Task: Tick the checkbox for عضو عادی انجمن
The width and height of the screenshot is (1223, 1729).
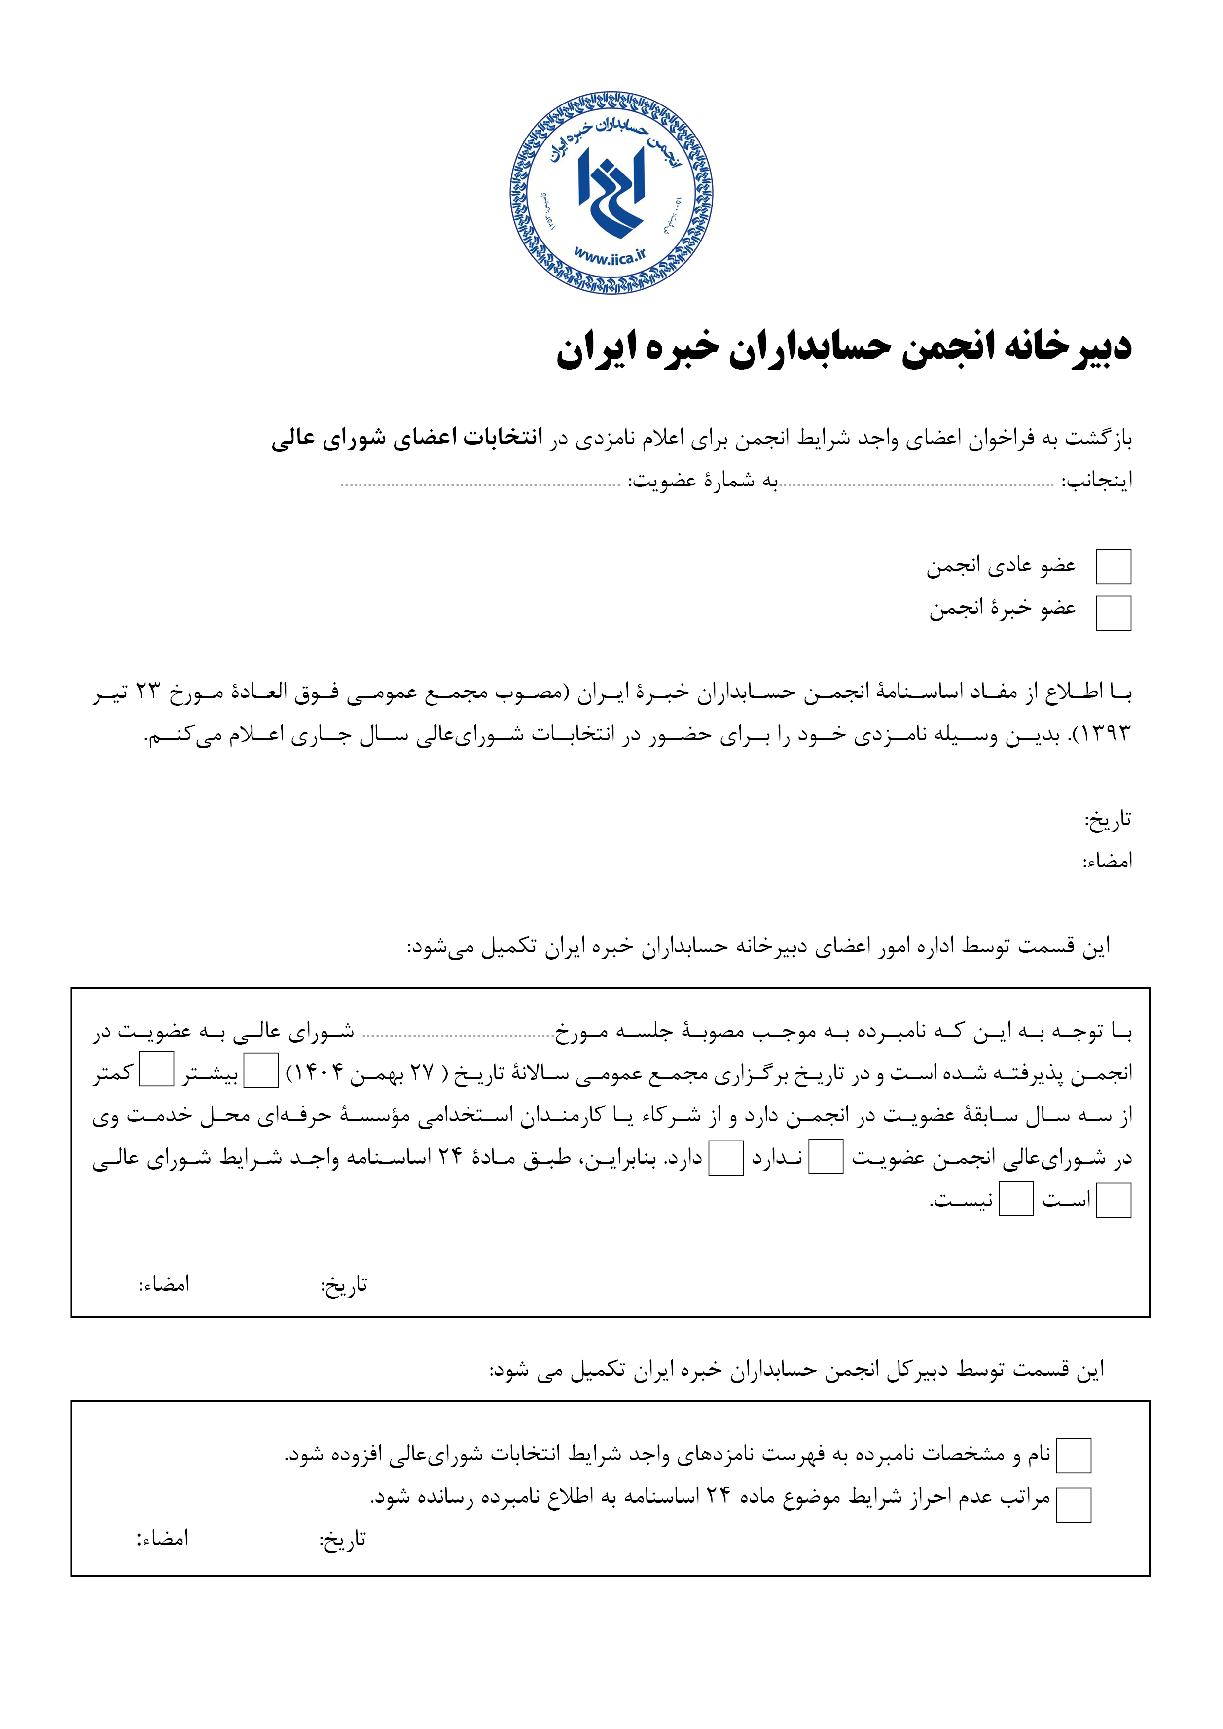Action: click(1113, 567)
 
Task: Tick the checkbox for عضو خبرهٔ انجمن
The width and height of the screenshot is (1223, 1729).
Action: click(1113, 613)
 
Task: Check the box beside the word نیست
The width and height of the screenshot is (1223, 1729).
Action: click(1016, 1200)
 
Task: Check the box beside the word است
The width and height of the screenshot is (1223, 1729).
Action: click(1113, 1200)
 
